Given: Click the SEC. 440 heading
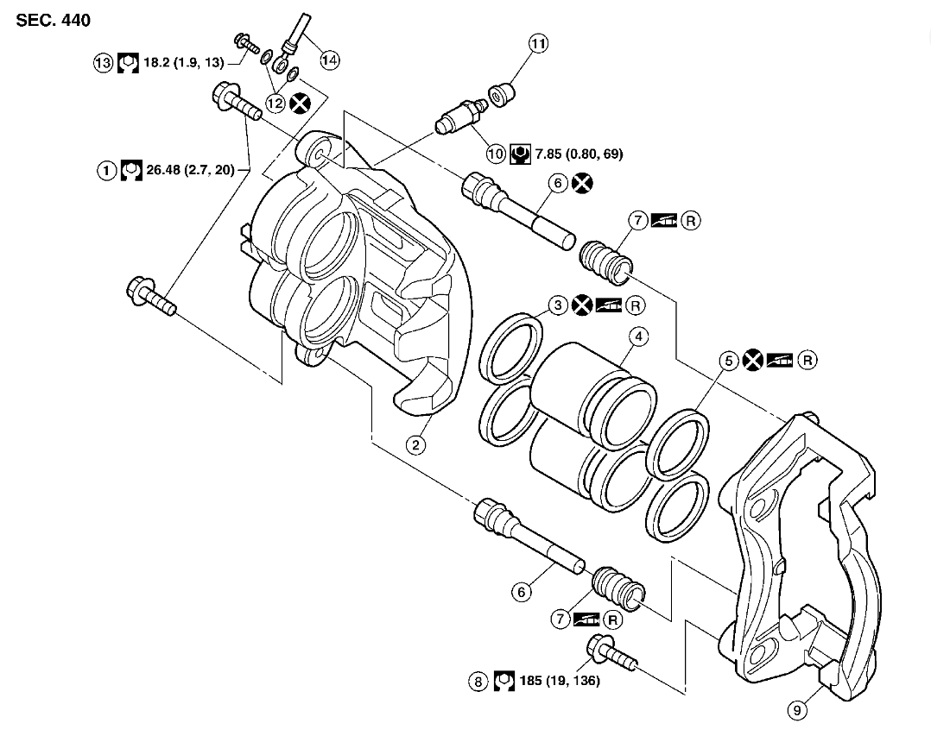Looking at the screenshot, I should (53, 19).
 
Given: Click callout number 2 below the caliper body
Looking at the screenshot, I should (415, 444).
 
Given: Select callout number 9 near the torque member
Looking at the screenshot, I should (796, 710).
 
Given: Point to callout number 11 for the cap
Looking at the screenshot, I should (539, 43).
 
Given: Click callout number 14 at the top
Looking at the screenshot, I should (329, 60).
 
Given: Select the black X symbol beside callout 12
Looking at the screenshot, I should (301, 104).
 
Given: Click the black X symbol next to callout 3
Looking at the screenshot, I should (584, 305).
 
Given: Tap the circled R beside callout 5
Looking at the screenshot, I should (807, 360).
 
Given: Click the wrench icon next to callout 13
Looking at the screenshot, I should (127, 63).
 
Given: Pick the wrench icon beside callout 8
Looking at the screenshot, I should (503, 681).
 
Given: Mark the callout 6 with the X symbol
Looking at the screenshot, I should (557, 183).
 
